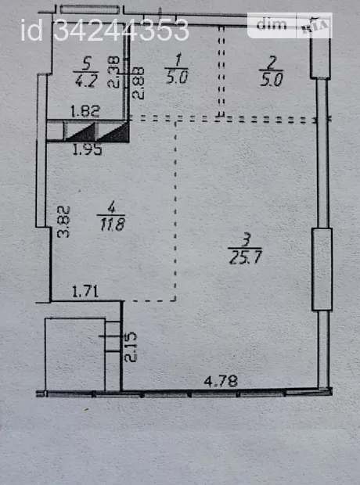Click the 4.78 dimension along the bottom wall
coord(221,381)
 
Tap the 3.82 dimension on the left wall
coord(63,222)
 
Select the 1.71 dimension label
coord(85,292)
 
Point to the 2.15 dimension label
coord(131,347)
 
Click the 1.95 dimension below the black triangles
coord(88,149)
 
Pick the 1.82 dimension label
coord(85,111)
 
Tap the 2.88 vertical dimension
coord(138,83)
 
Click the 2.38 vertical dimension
coord(113,72)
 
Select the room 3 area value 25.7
coord(246,257)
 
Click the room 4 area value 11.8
coord(112,224)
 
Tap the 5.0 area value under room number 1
coord(177,77)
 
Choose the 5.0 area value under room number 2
coord(272,79)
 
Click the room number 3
coord(246,240)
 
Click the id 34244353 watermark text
coord(105,30)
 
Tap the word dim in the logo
coord(272,24)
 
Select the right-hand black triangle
coord(113,132)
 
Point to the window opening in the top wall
coord(89,9)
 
